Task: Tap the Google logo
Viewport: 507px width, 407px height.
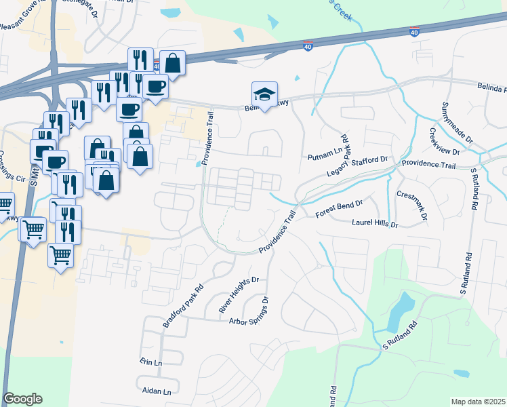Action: pyautogui.click(x=22, y=399)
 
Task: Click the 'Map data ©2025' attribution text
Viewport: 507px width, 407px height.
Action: pyautogui.click(x=478, y=402)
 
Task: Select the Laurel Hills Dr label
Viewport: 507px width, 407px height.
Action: pyautogui.click(x=374, y=222)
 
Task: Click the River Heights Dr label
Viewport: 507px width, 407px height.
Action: pyautogui.click(x=239, y=295)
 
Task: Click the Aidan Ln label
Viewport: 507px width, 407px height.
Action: pyautogui.click(x=157, y=392)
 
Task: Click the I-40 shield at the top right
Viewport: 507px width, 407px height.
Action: pyautogui.click(x=415, y=32)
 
